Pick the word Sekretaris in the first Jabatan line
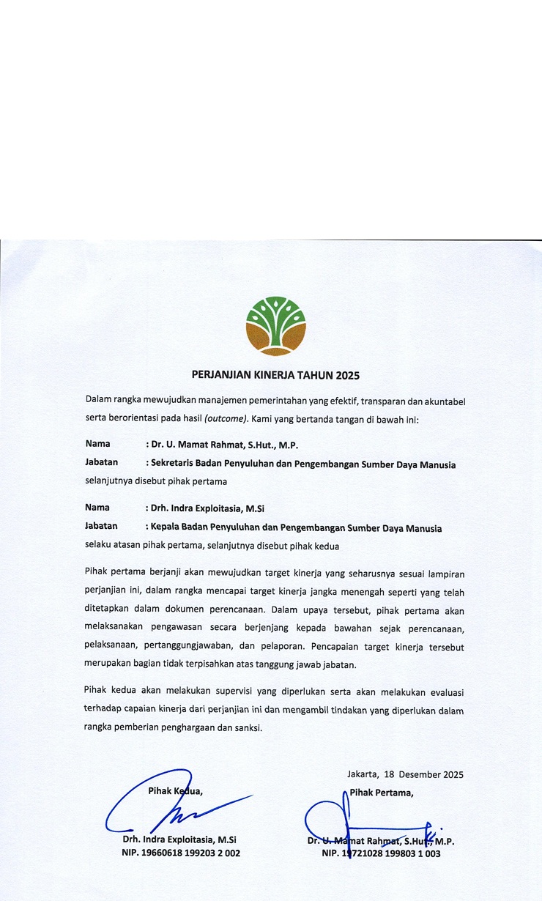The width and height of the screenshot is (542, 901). pyautogui.click(x=175, y=464)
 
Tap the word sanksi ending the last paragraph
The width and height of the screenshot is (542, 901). pyautogui.click(x=246, y=728)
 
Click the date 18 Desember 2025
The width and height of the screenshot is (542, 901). pyautogui.click(x=424, y=774)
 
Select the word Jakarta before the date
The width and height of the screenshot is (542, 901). pyautogui.click(x=363, y=774)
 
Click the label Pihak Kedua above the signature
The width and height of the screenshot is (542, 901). pyautogui.click(x=175, y=791)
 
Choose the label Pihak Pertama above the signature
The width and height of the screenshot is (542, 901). pyautogui.click(x=381, y=791)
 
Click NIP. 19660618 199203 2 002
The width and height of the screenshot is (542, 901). pyautogui.click(x=181, y=853)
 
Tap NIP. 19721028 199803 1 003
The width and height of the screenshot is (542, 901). pyautogui.click(x=381, y=853)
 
